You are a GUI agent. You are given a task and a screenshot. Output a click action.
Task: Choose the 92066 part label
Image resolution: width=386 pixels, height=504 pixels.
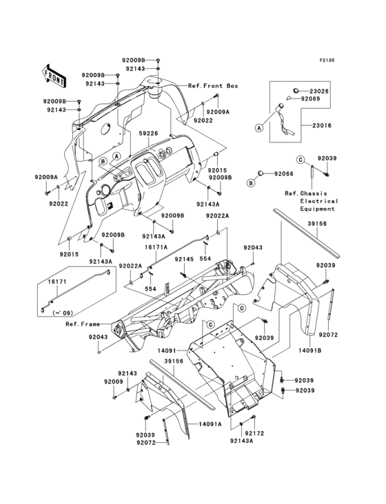pyautogui.click(x=284, y=174)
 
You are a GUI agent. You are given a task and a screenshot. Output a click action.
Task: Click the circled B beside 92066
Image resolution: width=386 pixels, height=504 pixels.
pyautogui.click(x=252, y=183)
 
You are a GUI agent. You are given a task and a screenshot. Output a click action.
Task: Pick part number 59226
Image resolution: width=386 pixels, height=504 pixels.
pyautogui.click(x=149, y=134)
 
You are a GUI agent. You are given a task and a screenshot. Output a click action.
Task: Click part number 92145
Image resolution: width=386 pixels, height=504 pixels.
pyautogui.click(x=183, y=259)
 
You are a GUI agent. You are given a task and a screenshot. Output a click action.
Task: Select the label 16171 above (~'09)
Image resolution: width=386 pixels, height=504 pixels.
pyautogui.click(x=57, y=282)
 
